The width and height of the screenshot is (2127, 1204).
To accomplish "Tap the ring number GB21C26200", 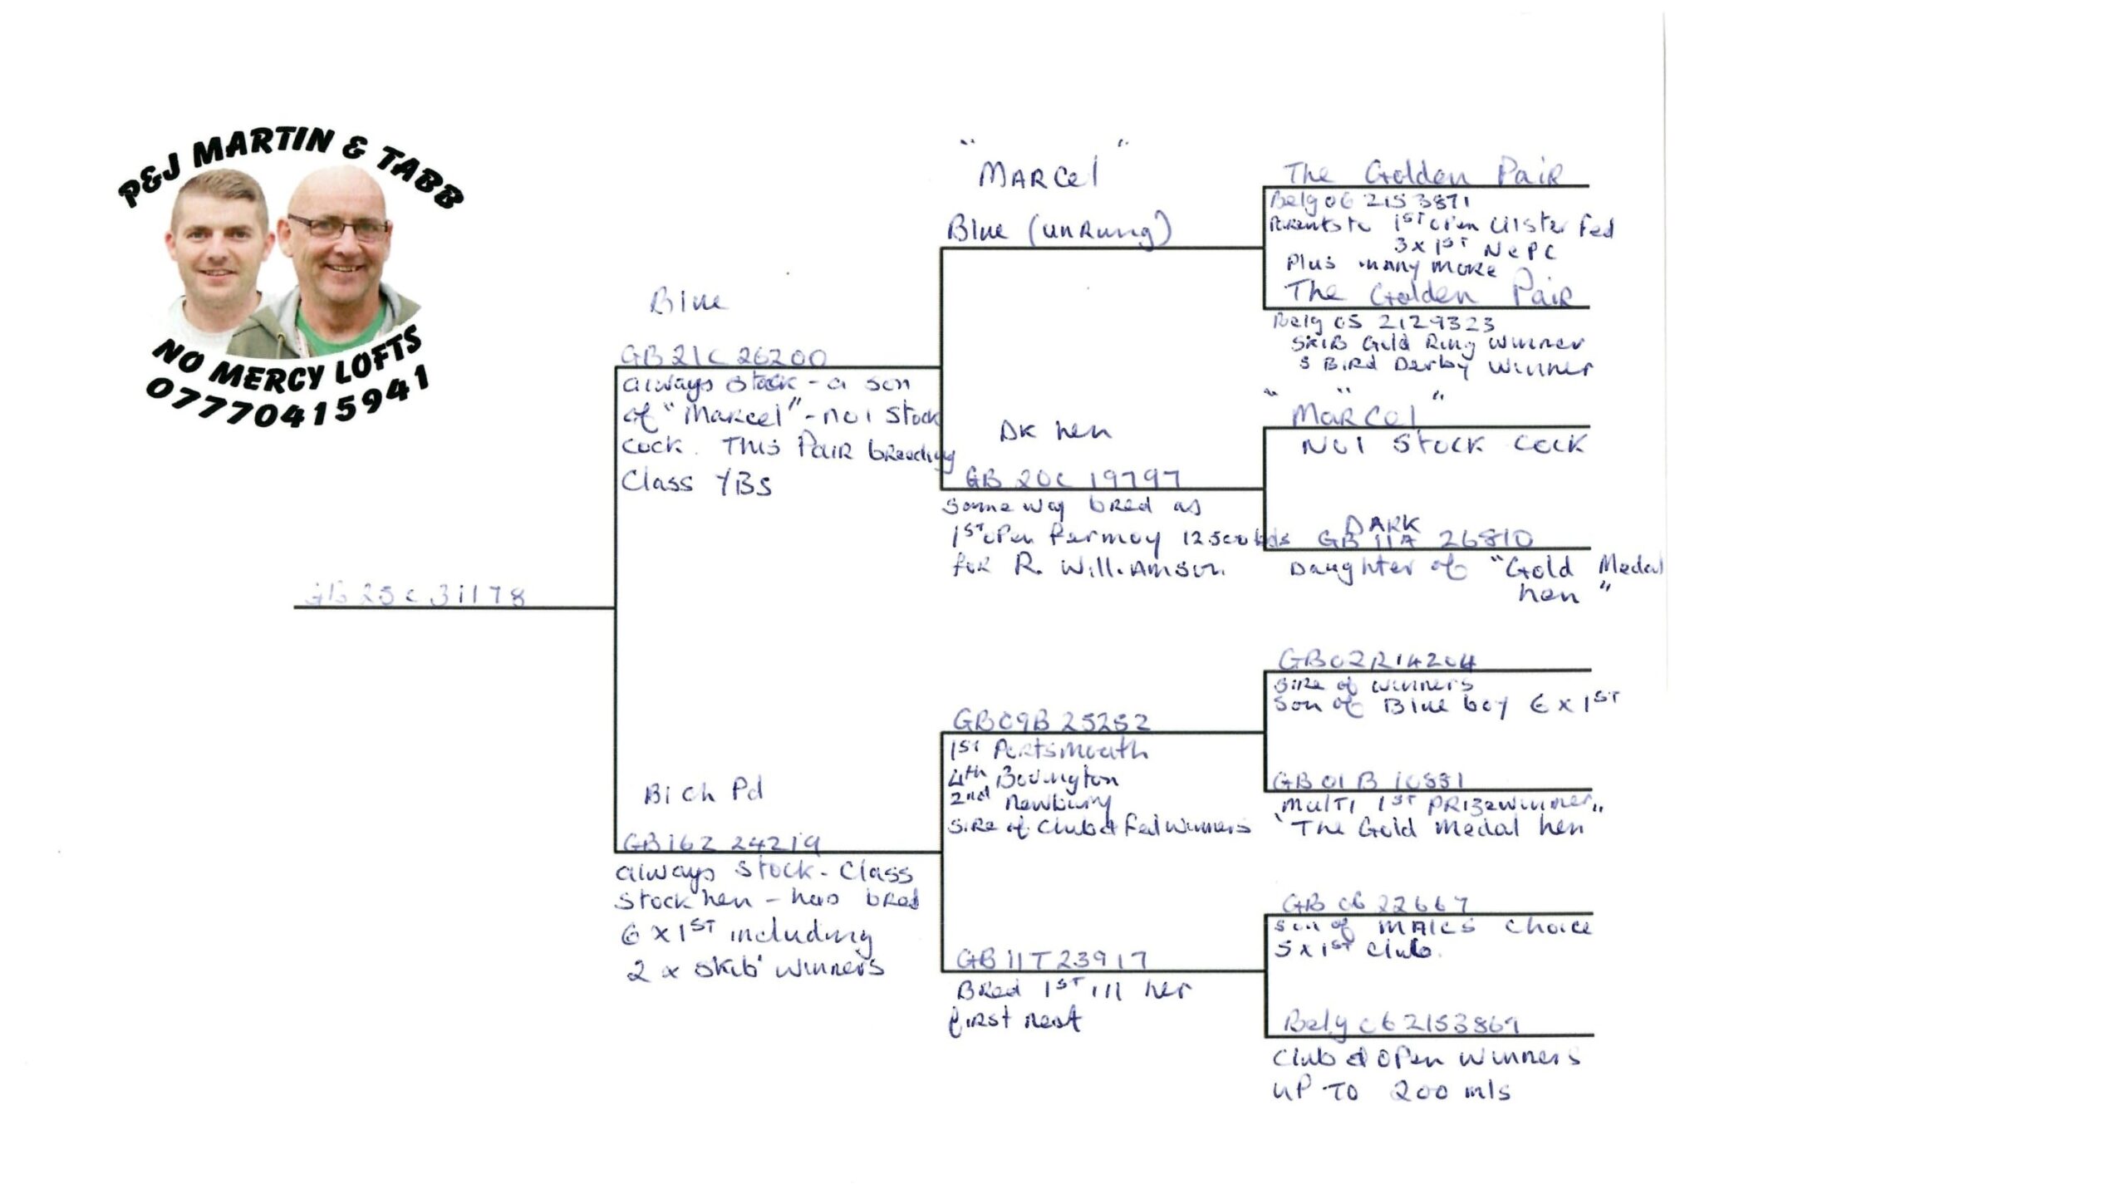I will [x=723, y=357].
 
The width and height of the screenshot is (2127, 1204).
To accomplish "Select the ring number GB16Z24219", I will [x=721, y=843].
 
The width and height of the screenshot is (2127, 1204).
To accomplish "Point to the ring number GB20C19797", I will [x=1072, y=478].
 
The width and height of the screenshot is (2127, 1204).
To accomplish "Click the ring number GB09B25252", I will [x=1050, y=720].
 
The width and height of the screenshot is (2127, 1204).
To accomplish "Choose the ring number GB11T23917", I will [x=1051, y=960].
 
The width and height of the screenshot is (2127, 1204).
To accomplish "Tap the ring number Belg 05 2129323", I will [x=1383, y=322].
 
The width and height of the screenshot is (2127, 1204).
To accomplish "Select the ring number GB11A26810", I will [x=1425, y=539].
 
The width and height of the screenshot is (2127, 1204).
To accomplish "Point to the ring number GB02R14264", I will [x=1376, y=661].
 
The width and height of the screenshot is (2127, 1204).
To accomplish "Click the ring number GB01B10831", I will [x=1368, y=781].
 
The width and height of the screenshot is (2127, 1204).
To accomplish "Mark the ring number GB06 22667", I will [x=1375, y=903].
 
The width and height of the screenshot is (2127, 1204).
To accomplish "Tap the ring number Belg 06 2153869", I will [x=1400, y=1024].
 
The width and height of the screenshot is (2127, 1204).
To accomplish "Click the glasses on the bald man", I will [x=338, y=226].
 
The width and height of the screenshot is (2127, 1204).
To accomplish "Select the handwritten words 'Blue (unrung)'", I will [x=1058, y=230].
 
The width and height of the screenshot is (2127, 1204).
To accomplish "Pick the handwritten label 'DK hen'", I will [x=1054, y=430].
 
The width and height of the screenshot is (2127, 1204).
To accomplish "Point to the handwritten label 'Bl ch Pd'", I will [x=703, y=792].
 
